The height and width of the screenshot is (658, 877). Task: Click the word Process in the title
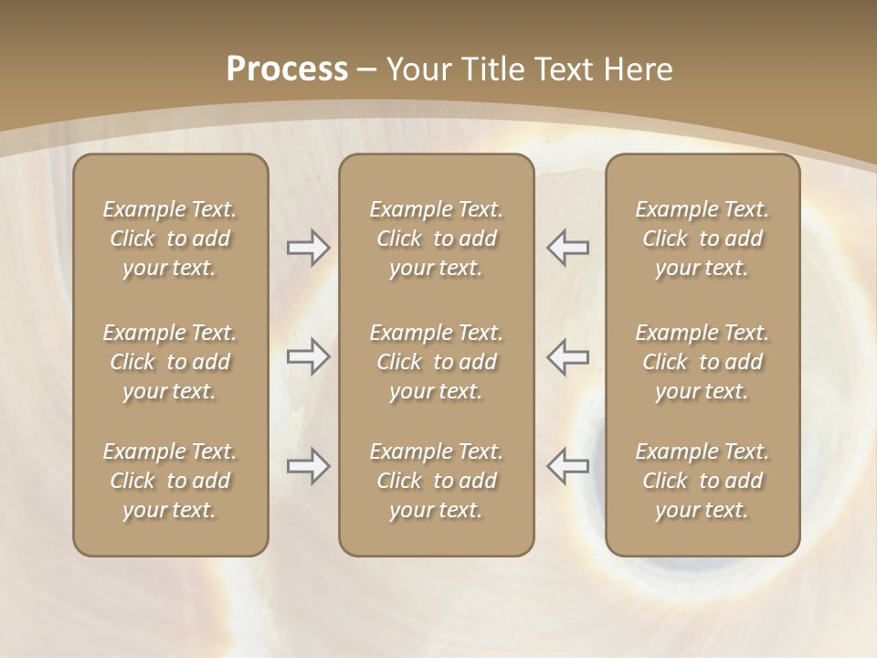(287, 69)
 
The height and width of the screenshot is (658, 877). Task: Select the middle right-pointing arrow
(308, 356)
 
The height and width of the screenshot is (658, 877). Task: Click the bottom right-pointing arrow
(308, 466)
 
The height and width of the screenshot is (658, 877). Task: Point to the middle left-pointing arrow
(568, 356)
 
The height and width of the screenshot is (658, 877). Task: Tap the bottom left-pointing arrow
(568, 466)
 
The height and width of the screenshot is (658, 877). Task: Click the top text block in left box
(170, 239)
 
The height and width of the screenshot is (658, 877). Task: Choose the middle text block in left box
(170, 362)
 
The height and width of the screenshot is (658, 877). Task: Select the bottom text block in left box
(170, 481)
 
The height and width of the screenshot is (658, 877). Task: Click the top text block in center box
(436, 239)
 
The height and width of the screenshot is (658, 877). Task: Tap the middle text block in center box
(436, 362)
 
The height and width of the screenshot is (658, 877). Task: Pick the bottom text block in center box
(436, 481)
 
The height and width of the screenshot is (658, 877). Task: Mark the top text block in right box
(702, 239)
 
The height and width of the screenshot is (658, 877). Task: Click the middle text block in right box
(702, 362)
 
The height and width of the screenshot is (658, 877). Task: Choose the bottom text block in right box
(702, 481)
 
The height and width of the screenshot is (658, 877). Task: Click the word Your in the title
(418, 69)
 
